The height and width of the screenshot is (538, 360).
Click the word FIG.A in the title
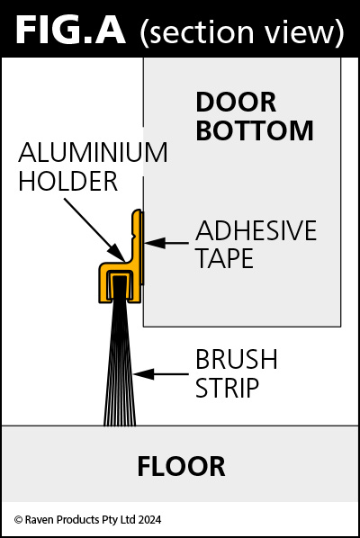[70, 31]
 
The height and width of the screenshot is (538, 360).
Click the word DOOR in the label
[236, 103]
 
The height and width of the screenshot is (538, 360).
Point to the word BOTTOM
[255, 130]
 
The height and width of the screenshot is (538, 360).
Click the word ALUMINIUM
[93, 152]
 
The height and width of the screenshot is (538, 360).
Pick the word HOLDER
[68, 181]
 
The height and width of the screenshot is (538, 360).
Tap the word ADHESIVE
[256, 230]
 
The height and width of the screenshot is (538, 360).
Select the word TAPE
[225, 258]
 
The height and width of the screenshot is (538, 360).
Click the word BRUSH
[237, 359]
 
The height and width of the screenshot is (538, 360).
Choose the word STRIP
[227, 388]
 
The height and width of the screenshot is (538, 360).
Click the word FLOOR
[181, 467]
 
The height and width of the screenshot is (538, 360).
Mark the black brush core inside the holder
[120, 287]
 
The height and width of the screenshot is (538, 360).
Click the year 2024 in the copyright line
[149, 519]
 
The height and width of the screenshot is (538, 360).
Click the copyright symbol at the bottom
[18, 520]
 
